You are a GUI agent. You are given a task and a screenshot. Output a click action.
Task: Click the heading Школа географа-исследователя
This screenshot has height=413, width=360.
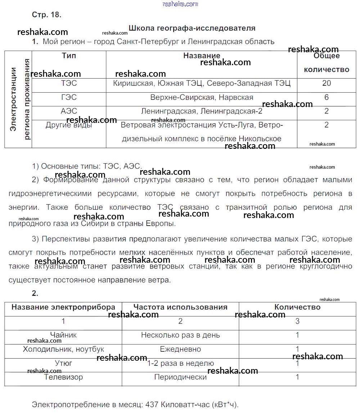pyautogui.click(x=192, y=28)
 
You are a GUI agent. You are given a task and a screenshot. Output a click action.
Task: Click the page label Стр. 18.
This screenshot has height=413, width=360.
pyautogui.click(x=47, y=15)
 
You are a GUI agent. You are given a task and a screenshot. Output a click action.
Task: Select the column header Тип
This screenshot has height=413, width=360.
pyautogui.click(x=69, y=56)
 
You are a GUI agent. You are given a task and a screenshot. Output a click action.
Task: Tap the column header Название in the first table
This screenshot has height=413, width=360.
pyautogui.click(x=202, y=56)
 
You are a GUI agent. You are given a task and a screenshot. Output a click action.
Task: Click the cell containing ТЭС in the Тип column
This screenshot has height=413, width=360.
pyautogui.click(x=69, y=83)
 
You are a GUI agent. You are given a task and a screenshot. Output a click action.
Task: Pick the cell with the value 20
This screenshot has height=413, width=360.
pyautogui.click(x=327, y=83)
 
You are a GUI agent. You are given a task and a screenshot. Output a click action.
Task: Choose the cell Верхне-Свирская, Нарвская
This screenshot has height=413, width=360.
pyautogui.click(x=202, y=97)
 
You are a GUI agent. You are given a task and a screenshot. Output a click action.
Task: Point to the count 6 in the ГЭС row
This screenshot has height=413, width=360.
pyautogui.click(x=327, y=97)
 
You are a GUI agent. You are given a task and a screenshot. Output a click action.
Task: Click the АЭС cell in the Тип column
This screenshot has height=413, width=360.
pyautogui.click(x=69, y=111)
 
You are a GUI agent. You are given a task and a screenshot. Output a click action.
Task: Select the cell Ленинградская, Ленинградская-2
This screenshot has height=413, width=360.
pyautogui.click(x=202, y=111)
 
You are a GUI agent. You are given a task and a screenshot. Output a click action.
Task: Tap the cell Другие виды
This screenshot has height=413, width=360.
pyautogui.click(x=69, y=125)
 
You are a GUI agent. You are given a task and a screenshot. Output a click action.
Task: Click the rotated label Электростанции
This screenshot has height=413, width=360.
pyautogui.click(x=14, y=99)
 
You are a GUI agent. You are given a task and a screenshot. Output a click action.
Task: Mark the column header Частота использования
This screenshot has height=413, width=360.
pyautogui.click(x=180, y=307)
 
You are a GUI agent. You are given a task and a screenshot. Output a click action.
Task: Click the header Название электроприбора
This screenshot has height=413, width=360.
pyautogui.click(x=63, y=307)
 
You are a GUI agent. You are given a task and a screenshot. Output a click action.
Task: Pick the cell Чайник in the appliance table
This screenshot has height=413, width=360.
pyautogui.click(x=63, y=335)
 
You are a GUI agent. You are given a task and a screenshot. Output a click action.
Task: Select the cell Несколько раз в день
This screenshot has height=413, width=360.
pyautogui.click(x=180, y=335)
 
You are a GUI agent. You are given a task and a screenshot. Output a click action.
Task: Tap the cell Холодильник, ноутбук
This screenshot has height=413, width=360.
pyautogui.click(x=63, y=349)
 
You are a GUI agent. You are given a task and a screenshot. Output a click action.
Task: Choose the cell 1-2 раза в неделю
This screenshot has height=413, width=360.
pyautogui.click(x=180, y=363)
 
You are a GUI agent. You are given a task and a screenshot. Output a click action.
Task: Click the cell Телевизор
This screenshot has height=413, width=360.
pyautogui.click(x=63, y=377)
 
